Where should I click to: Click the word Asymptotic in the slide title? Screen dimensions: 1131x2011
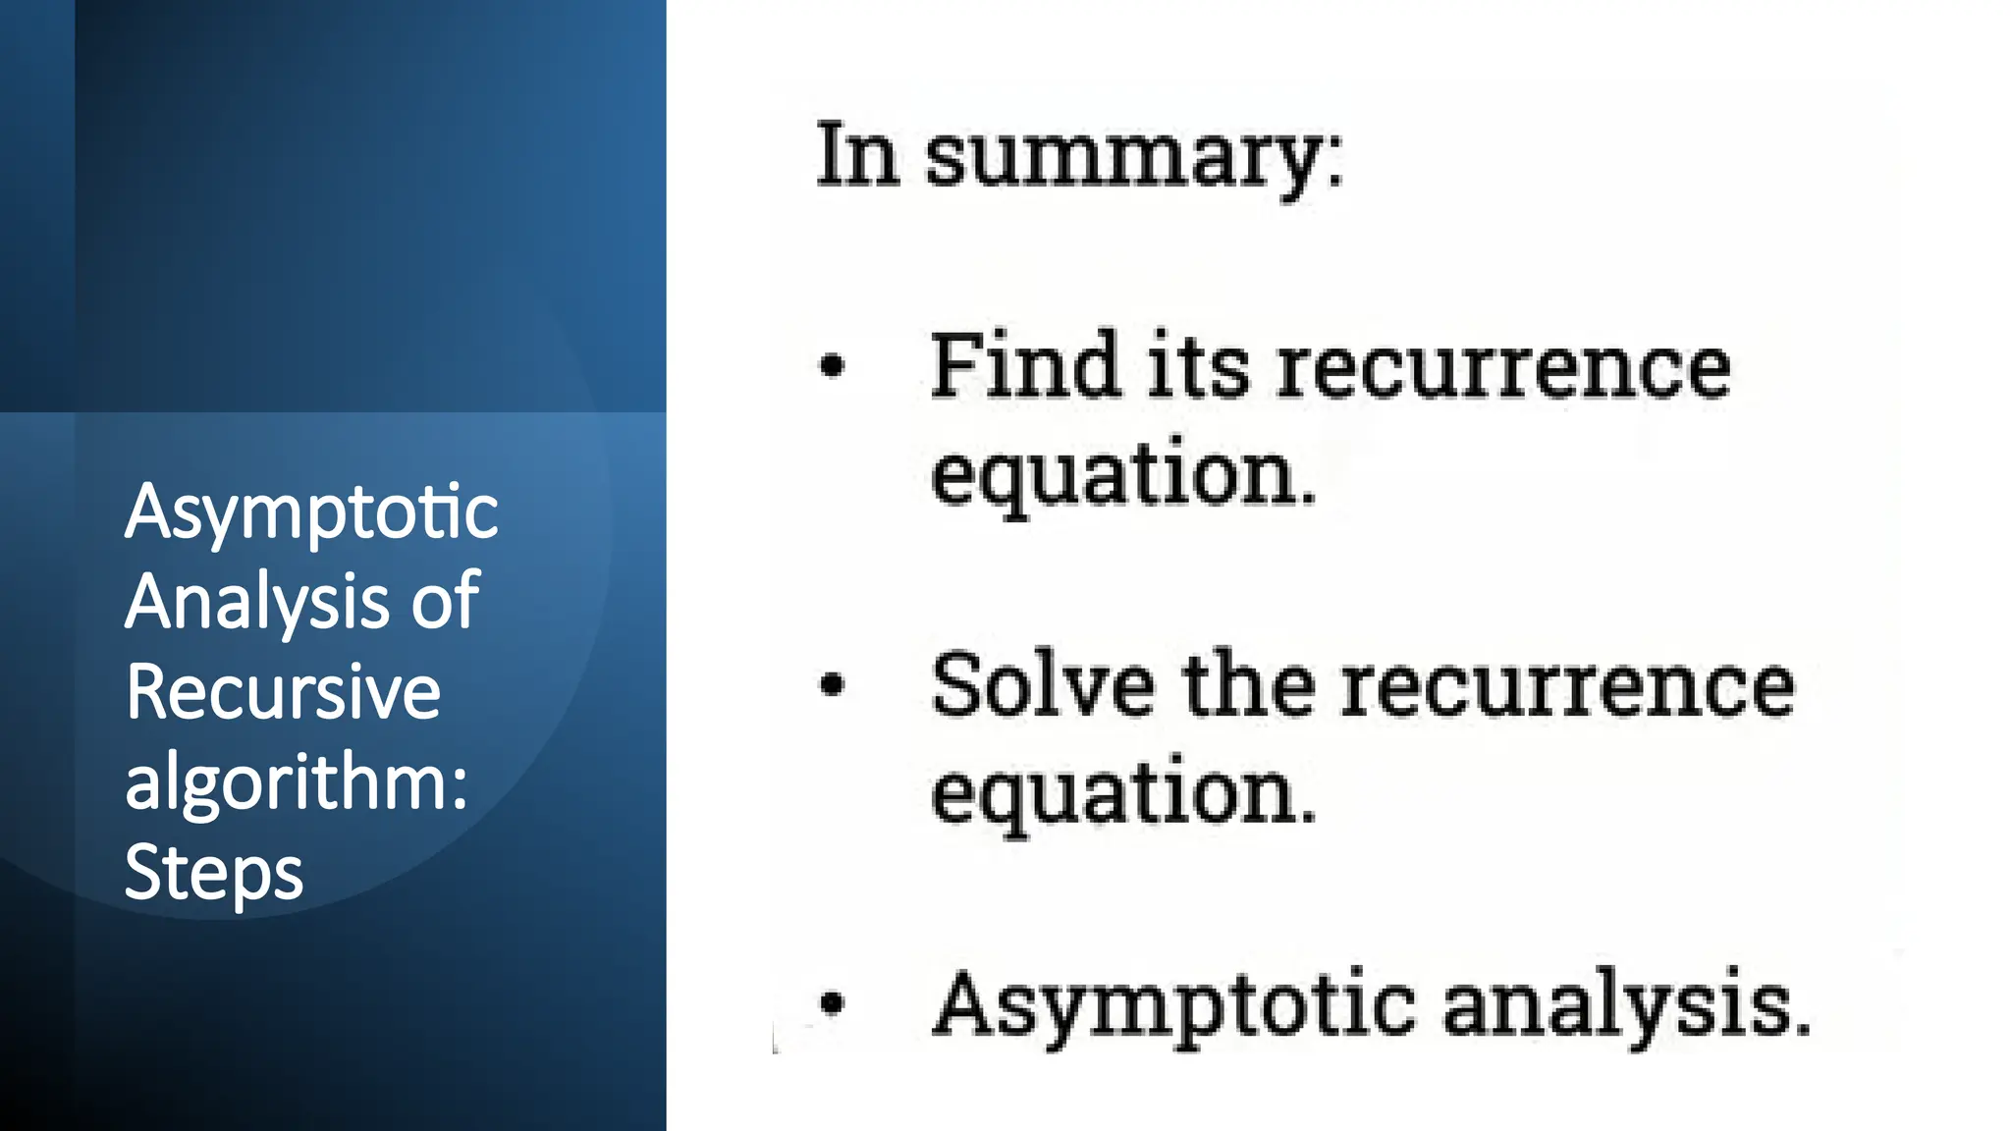(x=311, y=513)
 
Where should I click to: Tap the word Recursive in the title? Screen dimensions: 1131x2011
(x=283, y=692)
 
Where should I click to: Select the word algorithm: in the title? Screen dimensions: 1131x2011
(x=297, y=782)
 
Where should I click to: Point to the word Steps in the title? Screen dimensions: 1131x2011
(x=214, y=873)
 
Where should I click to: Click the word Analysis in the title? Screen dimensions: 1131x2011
(x=257, y=602)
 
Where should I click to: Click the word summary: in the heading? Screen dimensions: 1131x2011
(x=1134, y=157)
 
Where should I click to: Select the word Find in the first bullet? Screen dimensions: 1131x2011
(x=1025, y=366)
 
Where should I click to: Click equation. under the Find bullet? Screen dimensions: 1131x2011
(x=1123, y=475)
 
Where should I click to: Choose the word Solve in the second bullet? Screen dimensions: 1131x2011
(x=1043, y=684)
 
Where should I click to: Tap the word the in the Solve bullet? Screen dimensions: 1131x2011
(x=1249, y=684)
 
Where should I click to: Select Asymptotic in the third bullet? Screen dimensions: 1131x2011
(x=1174, y=1005)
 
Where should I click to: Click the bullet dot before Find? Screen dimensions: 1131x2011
(x=832, y=366)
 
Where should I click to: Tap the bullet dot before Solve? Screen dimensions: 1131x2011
(x=832, y=684)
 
